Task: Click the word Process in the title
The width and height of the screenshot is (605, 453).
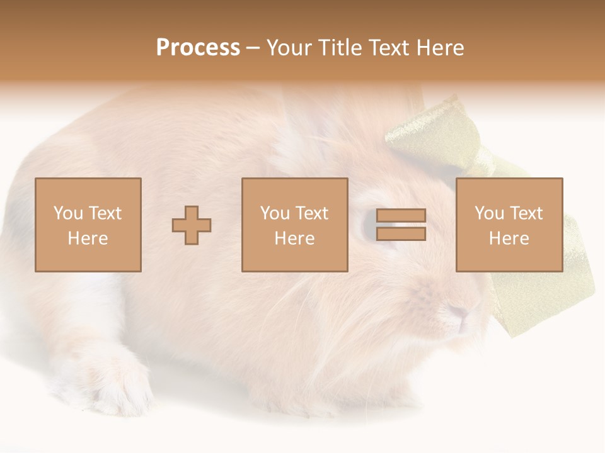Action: pos(198,48)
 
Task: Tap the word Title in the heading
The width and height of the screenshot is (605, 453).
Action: pos(338,48)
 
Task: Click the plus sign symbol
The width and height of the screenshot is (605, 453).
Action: pos(192,225)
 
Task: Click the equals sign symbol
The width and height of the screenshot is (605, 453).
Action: pos(401,225)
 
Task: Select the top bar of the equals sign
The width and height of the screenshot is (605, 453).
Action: pos(401,216)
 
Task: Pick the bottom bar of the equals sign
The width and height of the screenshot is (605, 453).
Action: pos(401,233)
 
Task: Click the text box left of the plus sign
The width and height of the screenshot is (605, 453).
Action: pos(88,225)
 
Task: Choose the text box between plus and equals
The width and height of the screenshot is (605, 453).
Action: pos(294,225)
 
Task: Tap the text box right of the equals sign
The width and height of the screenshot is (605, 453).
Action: pos(509,225)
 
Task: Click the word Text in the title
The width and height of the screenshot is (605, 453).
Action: pos(390,48)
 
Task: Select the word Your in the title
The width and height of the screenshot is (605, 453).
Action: pos(289,48)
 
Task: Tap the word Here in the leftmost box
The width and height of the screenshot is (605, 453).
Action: pos(88,238)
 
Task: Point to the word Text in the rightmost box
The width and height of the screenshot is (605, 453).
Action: pos(526,213)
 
